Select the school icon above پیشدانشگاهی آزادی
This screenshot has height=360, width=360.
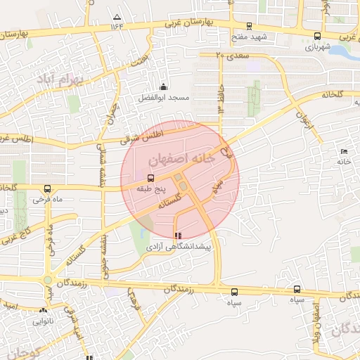tap(177, 236)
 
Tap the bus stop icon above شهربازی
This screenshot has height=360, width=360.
tap(318, 36)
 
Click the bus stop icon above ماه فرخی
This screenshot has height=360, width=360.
tap(47, 188)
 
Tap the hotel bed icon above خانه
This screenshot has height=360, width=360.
tap(344, 151)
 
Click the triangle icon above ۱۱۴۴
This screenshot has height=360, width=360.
tap(117, 16)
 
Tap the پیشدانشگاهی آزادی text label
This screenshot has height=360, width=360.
tap(179, 247)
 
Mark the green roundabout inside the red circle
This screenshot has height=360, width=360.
tap(183, 186)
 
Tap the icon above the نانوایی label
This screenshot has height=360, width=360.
tap(44, 310)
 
